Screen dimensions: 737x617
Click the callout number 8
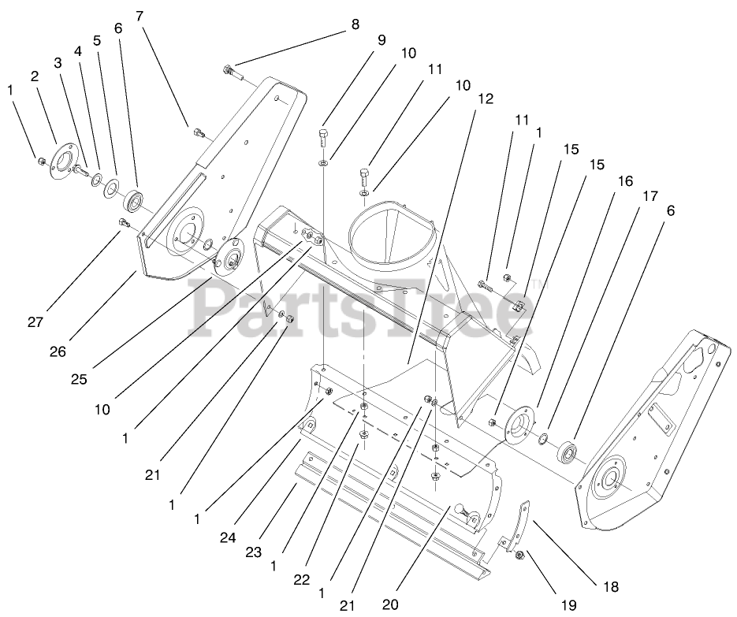355,24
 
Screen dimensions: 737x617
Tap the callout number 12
486,99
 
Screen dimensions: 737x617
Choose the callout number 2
35,76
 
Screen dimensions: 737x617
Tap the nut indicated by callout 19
519,557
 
